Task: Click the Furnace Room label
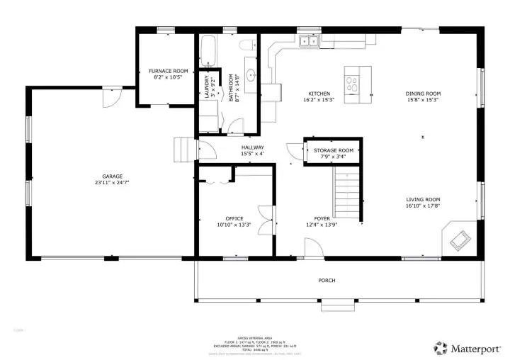point(168,72)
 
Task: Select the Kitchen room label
point(319,94)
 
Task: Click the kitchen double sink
point(309,42)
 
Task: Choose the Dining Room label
point(423,94)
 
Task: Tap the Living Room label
point(423,200)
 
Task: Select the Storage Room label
point(334,150)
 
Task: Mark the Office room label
point(234,218)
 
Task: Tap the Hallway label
point(252,147)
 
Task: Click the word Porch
point(327,281)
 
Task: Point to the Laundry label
point(208,87)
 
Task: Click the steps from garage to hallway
point(183,150)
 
